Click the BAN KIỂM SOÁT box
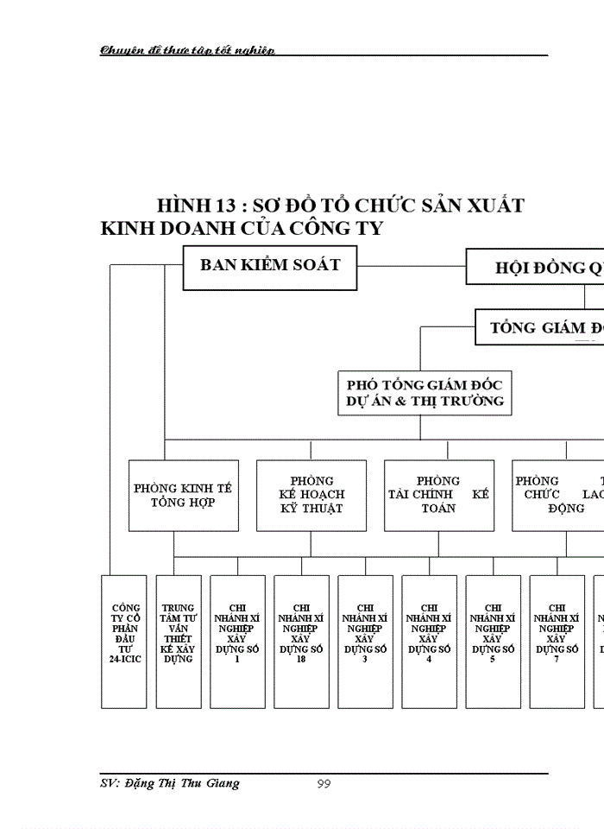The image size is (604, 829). pos(270,267)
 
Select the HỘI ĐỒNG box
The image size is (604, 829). pos(535,268)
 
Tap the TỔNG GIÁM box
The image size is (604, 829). pos(539,328)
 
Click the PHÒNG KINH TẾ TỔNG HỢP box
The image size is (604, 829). pos(183,495)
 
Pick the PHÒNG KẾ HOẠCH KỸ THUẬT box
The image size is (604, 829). pos(311,495)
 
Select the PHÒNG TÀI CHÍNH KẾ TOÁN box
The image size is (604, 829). pos(439,495)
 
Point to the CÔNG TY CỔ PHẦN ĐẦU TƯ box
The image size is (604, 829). pos(126,641)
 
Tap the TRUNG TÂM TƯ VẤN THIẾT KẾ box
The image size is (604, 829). pos(178,641)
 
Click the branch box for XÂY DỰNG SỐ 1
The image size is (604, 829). pos(237,641)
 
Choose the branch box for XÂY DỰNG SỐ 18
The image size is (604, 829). pos(301,641)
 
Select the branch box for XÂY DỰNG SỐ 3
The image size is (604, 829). pos(365,641)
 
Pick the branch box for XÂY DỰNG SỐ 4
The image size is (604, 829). pos(429,641)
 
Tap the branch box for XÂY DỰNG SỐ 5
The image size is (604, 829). pos(493,641)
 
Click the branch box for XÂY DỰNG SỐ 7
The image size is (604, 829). pos(557,641)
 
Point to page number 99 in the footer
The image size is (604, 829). pos(324,784)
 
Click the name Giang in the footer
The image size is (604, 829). pos(221,783)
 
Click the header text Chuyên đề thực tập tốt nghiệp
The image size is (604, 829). pos(186,50)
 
